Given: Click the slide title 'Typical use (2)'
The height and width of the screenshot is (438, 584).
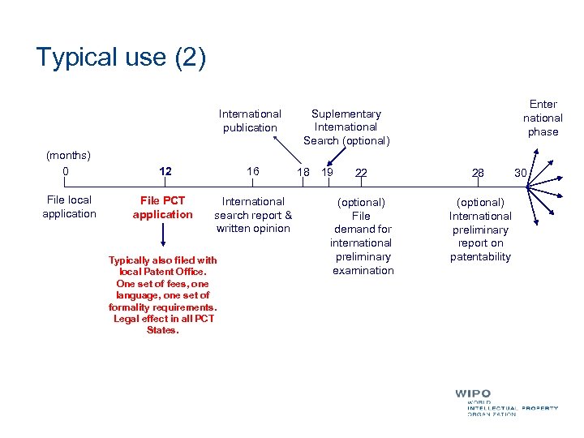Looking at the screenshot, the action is (x=121, y=58).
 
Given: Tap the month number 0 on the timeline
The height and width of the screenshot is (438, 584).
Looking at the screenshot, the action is (x=66, y=171).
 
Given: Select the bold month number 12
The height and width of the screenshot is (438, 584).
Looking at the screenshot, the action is (x=165, y=172).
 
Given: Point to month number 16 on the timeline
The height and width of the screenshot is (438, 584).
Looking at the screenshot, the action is (x=253, y=172).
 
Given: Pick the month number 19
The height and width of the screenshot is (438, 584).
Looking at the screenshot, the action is (x=328, y=173).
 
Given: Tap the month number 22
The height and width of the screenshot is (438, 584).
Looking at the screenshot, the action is (x=361, y=173).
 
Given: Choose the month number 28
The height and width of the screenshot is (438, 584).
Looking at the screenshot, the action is (x=478, y=173).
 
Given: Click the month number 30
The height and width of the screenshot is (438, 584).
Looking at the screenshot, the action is (x=520, y=172).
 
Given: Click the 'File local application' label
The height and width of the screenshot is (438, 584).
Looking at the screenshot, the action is (x=69, y=207).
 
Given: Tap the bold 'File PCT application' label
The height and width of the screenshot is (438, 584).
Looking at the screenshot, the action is (x=163, y=208).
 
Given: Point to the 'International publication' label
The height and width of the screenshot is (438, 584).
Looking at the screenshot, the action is (x=250, y=121).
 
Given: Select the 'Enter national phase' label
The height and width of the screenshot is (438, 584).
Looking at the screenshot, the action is (x=543, y=118).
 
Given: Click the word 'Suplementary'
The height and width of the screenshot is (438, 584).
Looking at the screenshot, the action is (x=346, y=114).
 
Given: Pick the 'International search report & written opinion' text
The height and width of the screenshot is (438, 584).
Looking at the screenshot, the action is (x=253, y=215).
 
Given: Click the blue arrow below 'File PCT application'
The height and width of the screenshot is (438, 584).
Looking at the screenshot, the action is (x=163, y=235).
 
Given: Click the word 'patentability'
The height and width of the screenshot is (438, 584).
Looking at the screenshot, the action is (x=481, y=257).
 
